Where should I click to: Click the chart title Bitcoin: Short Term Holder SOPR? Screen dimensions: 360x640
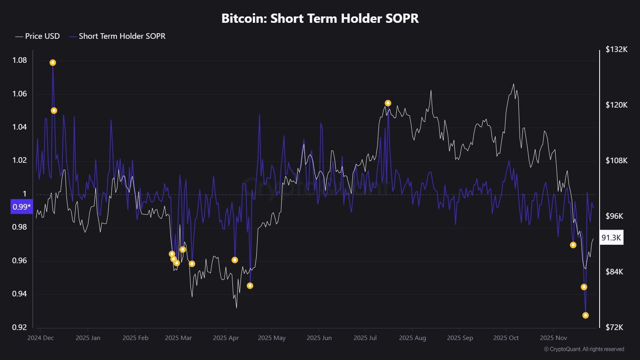tap(320, 18)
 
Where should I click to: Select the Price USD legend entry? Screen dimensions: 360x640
tap(38, 36)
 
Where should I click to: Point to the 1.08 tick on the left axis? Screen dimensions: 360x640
tap(20, 60)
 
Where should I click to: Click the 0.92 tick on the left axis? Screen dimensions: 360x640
tap(20, 327)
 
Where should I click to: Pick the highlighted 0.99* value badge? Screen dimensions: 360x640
tap(22, 207)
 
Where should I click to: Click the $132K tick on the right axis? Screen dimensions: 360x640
tap(616, 49)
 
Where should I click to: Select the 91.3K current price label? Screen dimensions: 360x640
tap(611, 238)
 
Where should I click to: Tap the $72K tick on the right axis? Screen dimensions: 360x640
tap(614, 327)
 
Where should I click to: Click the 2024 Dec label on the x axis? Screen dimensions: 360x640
tap(40, 338)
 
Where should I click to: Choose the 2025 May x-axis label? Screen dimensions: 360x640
tap(272, 338)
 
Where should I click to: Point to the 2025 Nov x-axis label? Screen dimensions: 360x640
tap(554, 338)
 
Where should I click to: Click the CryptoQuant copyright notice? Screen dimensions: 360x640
tap(584, 349)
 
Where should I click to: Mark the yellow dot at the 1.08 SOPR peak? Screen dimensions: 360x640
tap(53, 62)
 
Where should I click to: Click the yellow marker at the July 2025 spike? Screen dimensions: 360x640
tap(388, 103)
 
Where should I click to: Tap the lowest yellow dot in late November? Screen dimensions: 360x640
tap(586, 315)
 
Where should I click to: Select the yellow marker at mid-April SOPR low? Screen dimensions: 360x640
tap(250, 286)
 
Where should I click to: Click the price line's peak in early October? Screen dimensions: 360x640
tap(514, 84)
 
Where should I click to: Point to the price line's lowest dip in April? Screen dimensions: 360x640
tap(236, 308)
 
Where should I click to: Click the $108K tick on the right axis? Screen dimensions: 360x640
tap(616, 160)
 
